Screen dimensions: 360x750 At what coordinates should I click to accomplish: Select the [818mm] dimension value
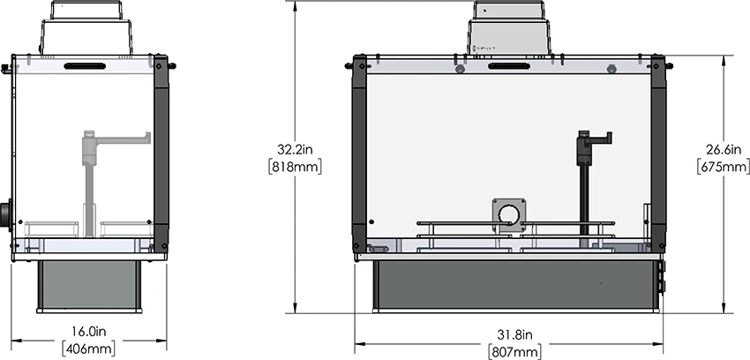pos(298,166)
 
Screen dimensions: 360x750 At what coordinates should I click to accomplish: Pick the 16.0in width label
pos(89,333)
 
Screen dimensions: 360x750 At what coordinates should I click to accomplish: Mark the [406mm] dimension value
pos(89,349)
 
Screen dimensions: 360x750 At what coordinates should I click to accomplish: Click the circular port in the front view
pos(509,216)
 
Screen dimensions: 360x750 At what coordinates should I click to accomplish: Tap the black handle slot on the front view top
pos(509,66)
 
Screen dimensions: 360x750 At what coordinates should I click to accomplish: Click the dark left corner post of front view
pos(359,154)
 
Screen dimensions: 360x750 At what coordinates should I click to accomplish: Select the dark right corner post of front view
pos(658,154)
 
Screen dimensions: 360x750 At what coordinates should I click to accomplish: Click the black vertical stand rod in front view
pos(584,194)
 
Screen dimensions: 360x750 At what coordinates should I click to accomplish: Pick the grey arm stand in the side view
pos(89,176)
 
